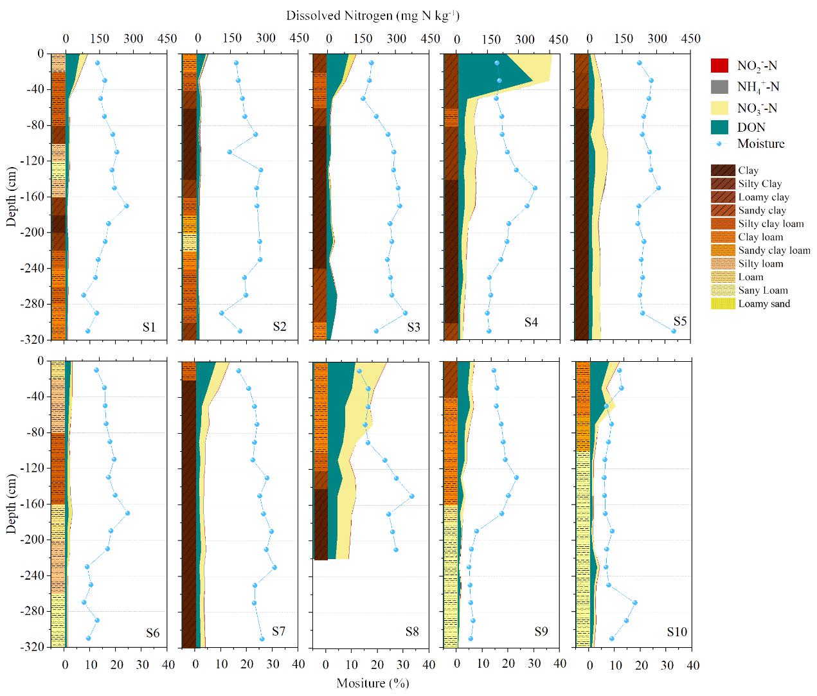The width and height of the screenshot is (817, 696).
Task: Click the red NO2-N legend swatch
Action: coord(719,65)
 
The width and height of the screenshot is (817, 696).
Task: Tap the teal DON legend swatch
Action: coord(719,127)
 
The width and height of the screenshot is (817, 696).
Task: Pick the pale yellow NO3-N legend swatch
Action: coord(719,107)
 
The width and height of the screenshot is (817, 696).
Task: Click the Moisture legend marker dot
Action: coord(719,143)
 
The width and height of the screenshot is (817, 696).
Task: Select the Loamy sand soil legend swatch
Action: coord(723,303)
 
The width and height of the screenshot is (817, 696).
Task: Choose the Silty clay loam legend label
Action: coord(771,224)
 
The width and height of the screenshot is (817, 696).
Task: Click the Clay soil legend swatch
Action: coord(723,170)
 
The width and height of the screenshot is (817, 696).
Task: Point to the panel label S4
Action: coord(530,322)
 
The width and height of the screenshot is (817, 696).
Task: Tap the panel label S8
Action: coord(413,632)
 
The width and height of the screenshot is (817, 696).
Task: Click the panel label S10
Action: coord(676,632)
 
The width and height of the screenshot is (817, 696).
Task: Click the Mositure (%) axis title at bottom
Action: coord(372,683)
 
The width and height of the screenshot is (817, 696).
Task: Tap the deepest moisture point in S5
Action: coord(674,331)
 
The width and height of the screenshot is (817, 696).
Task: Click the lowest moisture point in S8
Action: coord(396,549)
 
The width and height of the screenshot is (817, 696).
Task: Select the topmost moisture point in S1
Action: coord(98,63)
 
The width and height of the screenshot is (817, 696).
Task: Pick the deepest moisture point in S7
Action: coord(262,639)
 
